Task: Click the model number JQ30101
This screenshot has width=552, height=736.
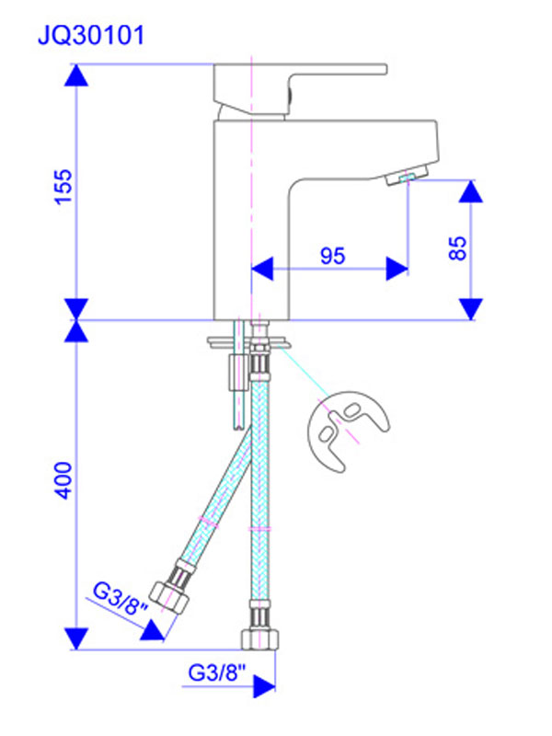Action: pyautogui.click(x=90, y=36)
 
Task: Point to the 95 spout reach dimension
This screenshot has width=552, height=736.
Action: pyautogui.click(x=332, y=257)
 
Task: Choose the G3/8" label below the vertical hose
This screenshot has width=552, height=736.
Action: pyautogui.click(x=218, y=673)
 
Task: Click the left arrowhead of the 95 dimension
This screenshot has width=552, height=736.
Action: pyautogui.click(x=263, y=268)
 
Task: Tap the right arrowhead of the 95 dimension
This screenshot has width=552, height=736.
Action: pyautogui.click(x=397, y=268)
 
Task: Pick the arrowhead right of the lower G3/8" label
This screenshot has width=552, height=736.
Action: pyautogui.click(x=264, y=686)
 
